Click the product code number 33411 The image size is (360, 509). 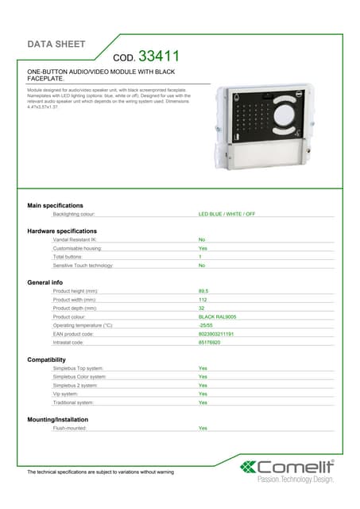[159, 56]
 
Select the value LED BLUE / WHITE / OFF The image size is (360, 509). [226, 214]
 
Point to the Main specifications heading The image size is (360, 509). [56, 205]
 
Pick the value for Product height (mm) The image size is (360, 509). [203, 291]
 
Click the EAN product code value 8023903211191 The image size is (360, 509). [216, 334]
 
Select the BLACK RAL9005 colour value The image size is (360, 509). [217, 317]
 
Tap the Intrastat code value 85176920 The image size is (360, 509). [210, 343]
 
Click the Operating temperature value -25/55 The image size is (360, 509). [206, 325]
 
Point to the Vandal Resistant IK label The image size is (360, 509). [75, 239]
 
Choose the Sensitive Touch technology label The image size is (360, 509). [83, 266]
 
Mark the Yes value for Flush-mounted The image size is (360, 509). [203, 428]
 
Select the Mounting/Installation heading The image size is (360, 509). [58, 419]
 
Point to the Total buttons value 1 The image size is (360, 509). [200, 257]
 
